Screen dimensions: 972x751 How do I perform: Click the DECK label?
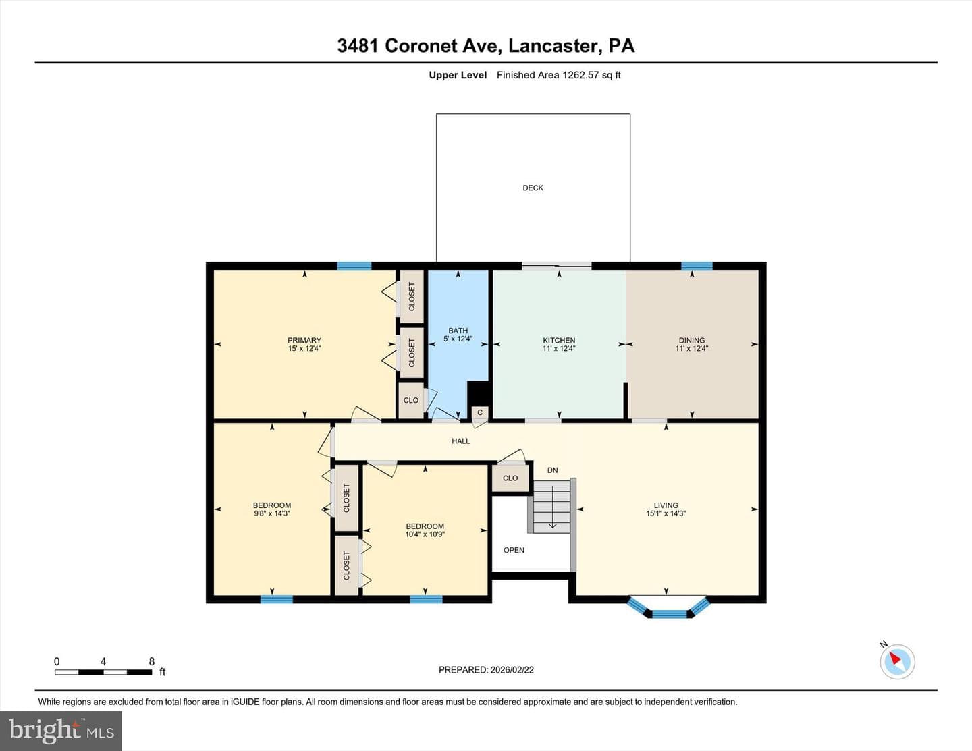[533, 188]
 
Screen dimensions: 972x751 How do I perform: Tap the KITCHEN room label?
[559, 340]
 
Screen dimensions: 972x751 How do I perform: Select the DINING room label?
[692, 340]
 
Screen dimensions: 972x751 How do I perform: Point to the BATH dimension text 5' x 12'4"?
[458, 339]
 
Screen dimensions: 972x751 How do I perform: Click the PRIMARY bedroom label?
[304, 340]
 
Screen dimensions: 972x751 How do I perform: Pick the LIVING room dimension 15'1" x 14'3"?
[666, 513]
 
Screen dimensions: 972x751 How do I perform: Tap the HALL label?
[460, 441]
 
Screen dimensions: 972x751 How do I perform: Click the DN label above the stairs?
[552, 470]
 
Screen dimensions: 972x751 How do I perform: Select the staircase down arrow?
[553, 507]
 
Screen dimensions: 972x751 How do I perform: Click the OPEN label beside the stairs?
[514, 550]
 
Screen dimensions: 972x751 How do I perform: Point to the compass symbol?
[897, 661]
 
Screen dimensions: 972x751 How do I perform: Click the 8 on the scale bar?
[152, 661]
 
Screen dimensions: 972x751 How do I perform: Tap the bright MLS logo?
[61, 731]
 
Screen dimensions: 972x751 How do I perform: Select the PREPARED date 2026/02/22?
[512, 669]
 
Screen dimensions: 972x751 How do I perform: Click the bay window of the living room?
[669, 607]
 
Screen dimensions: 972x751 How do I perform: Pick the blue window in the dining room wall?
[697, 266]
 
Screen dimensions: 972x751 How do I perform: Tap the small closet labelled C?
[479, 412]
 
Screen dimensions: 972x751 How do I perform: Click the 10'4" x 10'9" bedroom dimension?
[425, 534]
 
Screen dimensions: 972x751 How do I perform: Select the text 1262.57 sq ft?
[591, 75]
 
